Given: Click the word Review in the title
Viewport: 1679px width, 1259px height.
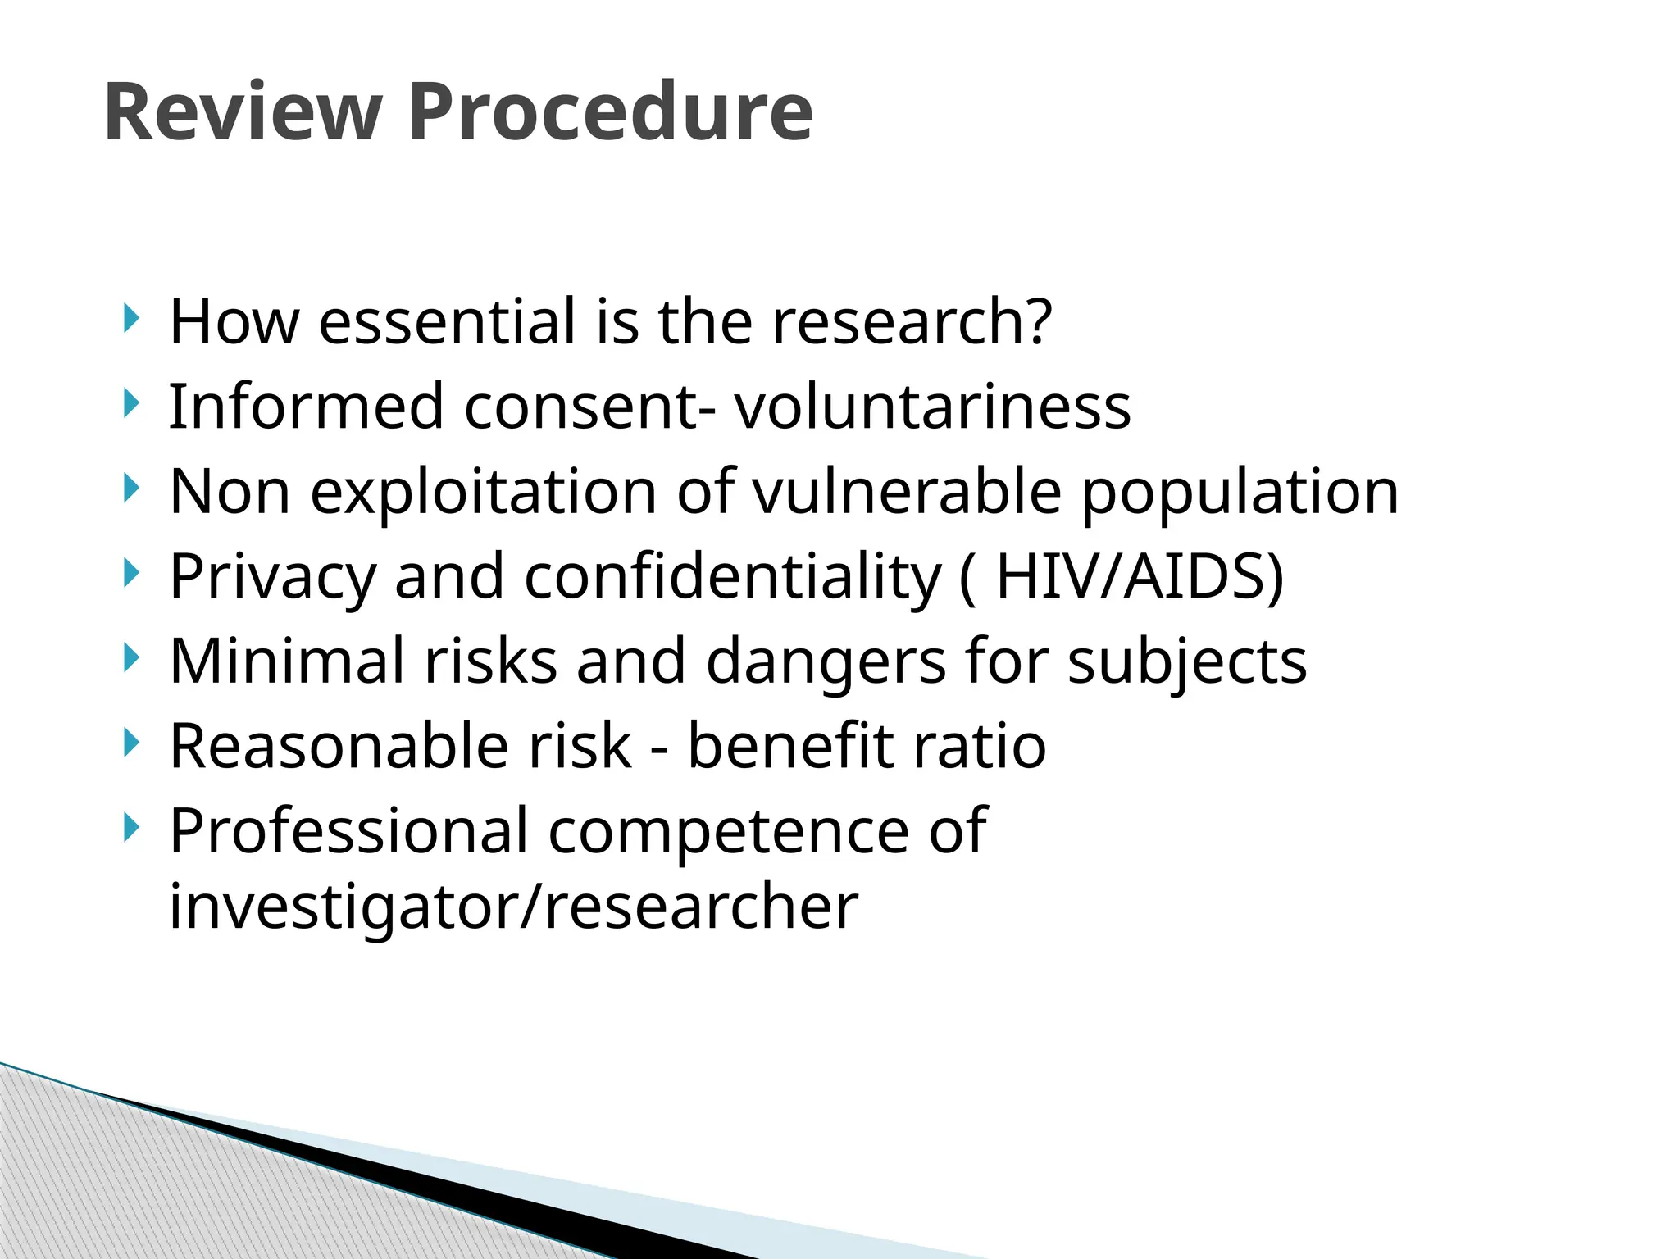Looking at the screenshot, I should click(243, 112).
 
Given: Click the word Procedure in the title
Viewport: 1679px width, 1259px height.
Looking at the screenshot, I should click(610, 112).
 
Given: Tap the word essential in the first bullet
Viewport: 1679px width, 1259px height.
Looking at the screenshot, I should click(447, 321).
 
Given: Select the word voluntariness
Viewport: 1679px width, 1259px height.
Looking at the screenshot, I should click(932, 407).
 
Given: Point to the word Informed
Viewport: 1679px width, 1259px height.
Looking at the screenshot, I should click(306, 407).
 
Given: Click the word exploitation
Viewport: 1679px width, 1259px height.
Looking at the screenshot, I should click(483, 492).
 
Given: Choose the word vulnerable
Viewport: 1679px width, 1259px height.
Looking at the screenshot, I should click(907, 492).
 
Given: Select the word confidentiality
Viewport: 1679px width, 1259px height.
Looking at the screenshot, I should click(732, 578).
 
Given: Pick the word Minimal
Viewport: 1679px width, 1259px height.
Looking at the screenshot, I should click(286, 661).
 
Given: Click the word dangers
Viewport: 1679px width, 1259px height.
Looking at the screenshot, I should click(825, 662).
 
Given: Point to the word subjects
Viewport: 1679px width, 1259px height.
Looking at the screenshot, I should click(1186, 662).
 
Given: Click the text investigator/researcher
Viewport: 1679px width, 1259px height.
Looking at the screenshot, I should click(513, 907).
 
